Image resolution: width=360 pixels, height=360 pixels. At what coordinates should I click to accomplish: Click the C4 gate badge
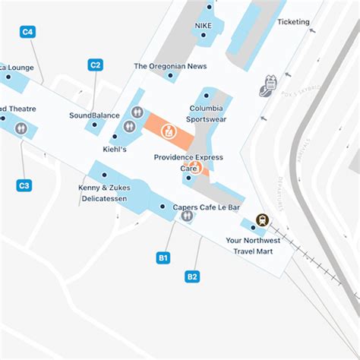28,32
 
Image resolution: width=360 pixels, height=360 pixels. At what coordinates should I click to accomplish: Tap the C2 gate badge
95,65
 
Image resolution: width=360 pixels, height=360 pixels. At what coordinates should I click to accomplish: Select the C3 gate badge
24,185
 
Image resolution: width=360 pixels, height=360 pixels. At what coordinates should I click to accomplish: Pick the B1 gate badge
163,258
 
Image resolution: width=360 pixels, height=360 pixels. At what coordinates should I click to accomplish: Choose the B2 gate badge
192,276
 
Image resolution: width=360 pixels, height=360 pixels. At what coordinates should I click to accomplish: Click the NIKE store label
203,25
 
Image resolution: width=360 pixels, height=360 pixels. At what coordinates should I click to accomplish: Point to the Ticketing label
293,22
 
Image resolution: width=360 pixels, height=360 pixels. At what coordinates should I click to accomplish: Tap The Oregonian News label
170,66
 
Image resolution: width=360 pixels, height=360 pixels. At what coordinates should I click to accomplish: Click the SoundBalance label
94,115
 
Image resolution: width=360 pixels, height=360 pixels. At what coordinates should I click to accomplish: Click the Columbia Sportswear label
207,113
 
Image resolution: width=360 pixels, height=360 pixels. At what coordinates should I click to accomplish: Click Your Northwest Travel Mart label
253,245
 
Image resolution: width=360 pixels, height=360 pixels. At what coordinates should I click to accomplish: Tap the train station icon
262,219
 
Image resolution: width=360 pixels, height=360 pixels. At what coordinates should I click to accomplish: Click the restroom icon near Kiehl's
137,112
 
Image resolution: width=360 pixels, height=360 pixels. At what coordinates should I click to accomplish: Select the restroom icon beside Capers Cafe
187,216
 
